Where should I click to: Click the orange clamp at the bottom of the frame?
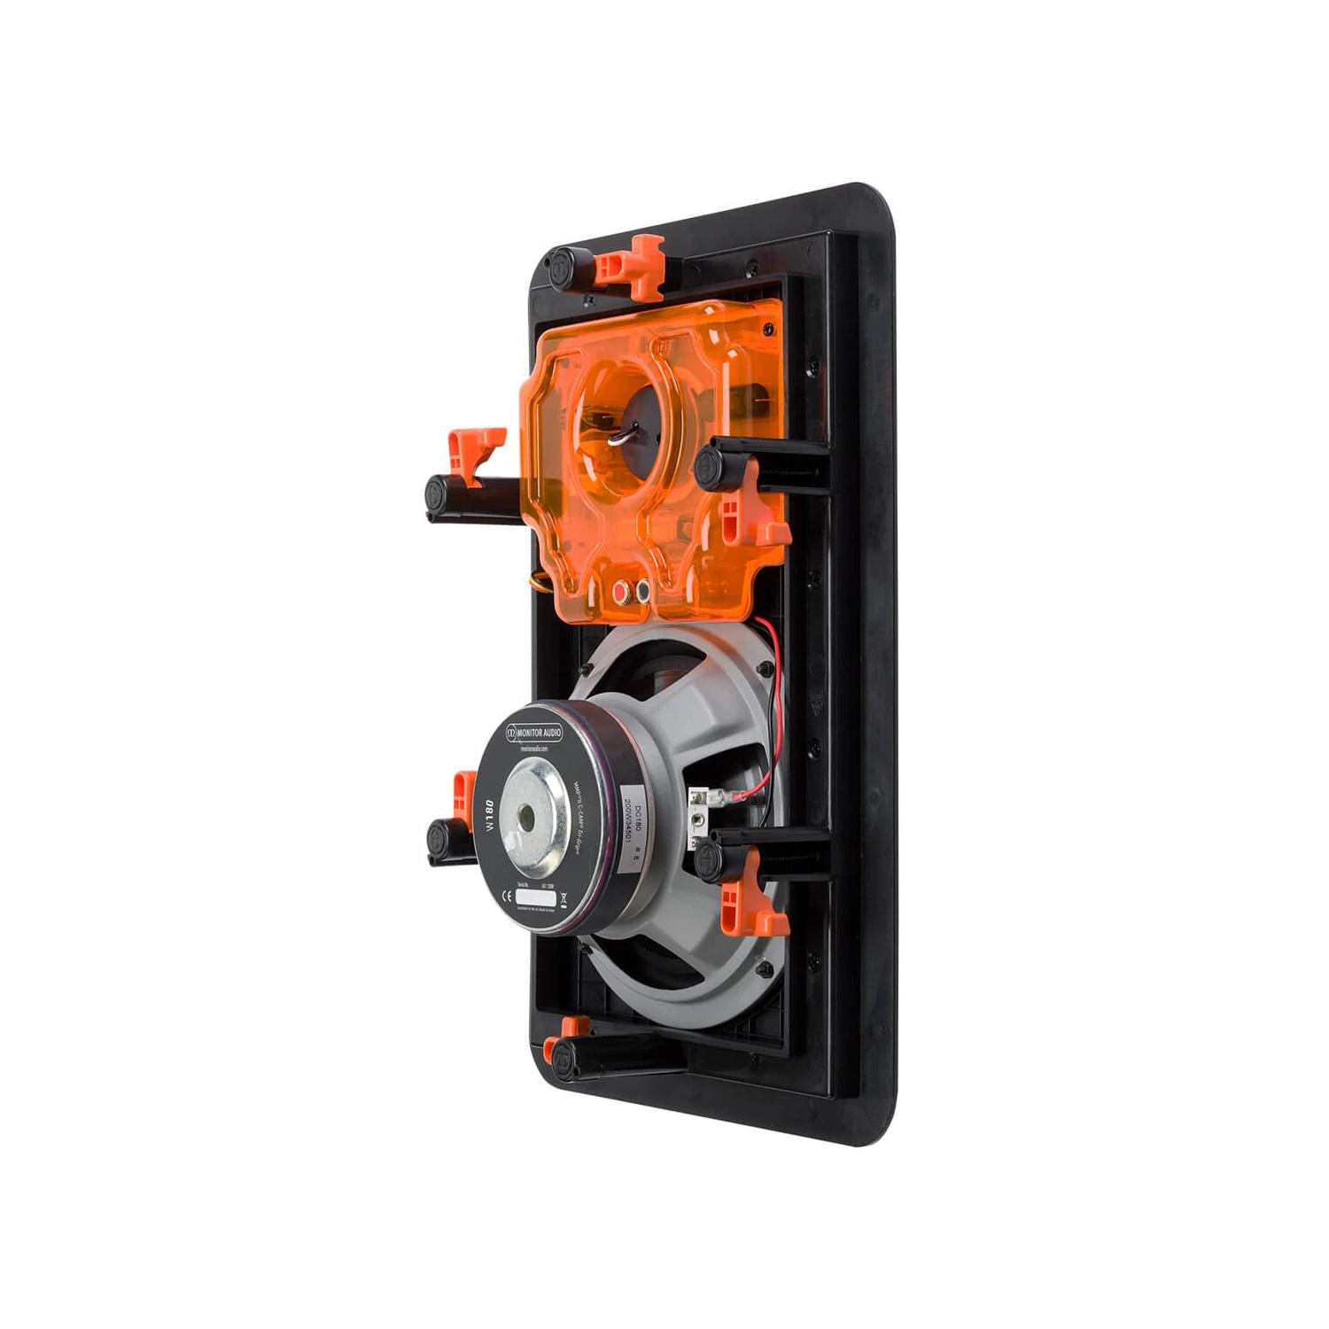point(573,1027)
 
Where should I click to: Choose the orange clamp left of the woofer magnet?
point(464,795)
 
